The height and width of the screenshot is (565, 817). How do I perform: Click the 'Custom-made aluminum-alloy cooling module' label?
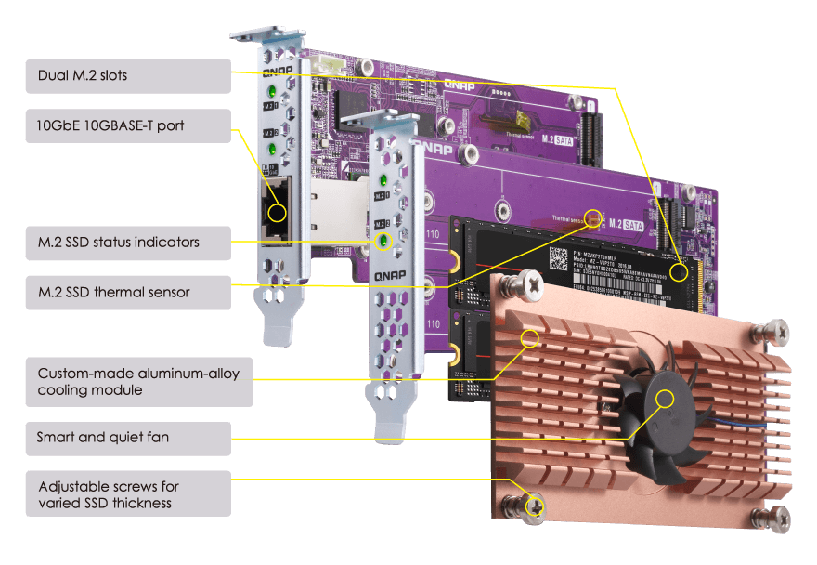(x=138, y=381)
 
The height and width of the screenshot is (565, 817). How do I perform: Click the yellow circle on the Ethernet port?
(x=276, y=212)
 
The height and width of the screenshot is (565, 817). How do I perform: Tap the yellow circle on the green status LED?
(x=382, y=242)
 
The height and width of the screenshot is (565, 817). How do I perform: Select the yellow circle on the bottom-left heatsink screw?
(x=535, y=506)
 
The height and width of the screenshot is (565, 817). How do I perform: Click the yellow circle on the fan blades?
(x=666, y=400)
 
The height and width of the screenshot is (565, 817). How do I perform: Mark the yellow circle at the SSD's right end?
(x=681, y=272)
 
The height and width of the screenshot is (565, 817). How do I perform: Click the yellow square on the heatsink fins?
(x=531, y=336)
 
